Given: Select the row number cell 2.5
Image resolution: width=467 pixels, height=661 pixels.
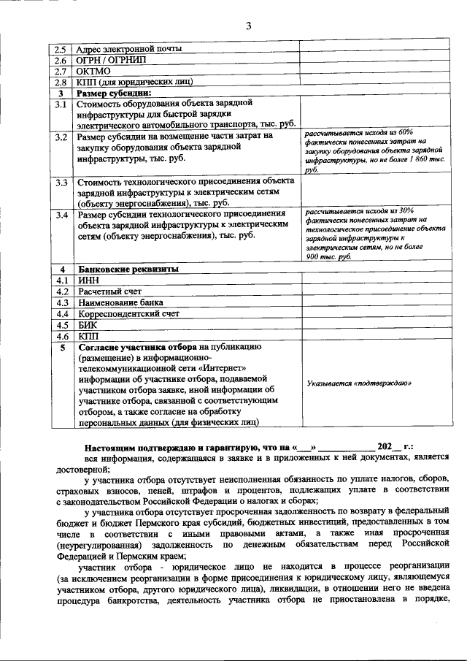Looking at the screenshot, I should pyautogui.click(x=62, y=50).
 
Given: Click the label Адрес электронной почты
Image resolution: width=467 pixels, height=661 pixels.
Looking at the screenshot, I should pyautogui.click(x=128, y=50).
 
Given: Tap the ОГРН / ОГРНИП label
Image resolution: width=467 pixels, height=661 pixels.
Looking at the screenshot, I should pyautogui.click(x=109, y=61).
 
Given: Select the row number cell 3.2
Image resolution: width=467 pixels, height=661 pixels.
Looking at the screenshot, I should pyautogui.click(x=62, y=136).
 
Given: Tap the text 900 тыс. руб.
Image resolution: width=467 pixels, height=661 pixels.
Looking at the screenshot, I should pyautogui.click(x=328, y=257).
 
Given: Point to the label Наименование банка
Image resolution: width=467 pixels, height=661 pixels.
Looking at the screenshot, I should pyautogui.click(x=120, y=302).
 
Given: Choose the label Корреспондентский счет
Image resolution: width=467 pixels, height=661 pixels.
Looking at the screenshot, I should pyautogui.click(x=128, y=313).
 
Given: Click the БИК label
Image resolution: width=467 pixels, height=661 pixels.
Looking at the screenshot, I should pyautogui.click(x=87, y=325).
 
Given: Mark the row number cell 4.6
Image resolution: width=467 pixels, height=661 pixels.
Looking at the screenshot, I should pyautogui.click(x=62, y=336).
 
